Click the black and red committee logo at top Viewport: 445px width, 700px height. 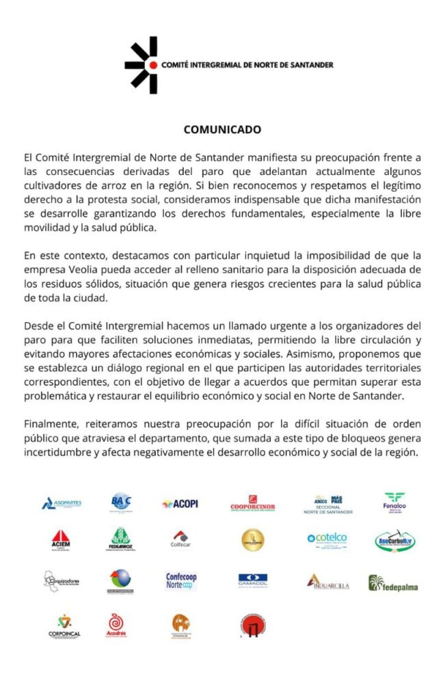[x=141, y=65]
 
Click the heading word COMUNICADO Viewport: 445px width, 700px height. [x=222, y=129]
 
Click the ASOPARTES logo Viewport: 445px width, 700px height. [x=62, y=504]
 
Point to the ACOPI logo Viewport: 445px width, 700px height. [x=180, y=504]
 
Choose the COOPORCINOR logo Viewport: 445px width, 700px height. [x=253, y=504]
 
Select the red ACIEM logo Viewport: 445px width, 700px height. [x=61, y=541]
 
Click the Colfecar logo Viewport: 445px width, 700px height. [x=180, y=540]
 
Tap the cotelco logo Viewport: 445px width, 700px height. [x=327, y=540]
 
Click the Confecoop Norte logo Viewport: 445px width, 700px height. [x=181, y=582]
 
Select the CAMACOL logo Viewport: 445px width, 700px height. [x=253, y=582]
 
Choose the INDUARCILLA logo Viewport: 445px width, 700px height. [x=327, y=582]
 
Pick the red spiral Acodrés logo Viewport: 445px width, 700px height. [x=116, y=624]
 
